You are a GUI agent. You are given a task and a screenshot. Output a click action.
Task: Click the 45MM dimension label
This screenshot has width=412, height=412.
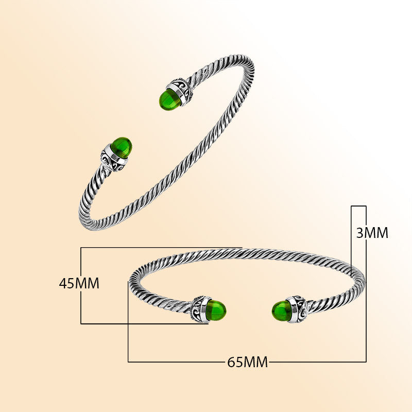coord(79,283)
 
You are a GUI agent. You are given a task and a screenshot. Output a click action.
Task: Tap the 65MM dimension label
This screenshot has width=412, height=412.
coord(248,362)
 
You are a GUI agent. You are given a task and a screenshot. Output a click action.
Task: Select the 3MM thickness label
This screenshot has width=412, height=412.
coord(372,233)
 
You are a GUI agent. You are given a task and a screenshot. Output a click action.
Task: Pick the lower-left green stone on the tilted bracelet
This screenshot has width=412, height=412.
coord(121,147)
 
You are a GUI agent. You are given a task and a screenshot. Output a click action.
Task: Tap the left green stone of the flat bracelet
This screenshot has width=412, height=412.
coord(216,310)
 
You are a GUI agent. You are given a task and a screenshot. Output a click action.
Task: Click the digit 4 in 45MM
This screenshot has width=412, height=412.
coord(63,283)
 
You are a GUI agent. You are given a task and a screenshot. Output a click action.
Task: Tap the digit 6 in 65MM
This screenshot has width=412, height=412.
coord(232,362)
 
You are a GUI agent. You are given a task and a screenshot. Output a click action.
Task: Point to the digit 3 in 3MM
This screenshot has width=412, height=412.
coord(360,233)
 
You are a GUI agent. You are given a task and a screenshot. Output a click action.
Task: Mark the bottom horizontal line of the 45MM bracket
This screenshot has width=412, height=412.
coord(144,323)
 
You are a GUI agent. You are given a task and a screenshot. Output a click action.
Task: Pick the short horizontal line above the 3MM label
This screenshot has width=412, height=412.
coord(358,206)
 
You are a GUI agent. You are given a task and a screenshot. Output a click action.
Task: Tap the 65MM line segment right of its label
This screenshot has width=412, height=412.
coord(317,362)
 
